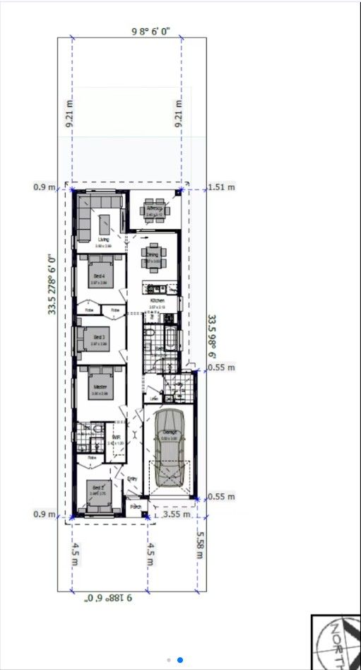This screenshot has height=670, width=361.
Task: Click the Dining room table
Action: pos(153,254)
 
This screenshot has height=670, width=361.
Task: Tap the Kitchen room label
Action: pos(157,301)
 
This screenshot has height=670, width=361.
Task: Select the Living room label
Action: pos(103,240)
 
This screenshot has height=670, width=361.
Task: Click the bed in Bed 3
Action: pos(97,336)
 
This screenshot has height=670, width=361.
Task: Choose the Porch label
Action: pos(136,506)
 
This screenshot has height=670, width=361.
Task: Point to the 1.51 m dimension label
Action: pos(222,187)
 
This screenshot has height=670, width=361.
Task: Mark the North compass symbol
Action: pos(336,642)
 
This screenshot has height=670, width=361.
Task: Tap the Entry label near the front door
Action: pos(131,480)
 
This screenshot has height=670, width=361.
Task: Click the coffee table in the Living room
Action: pos(105,224)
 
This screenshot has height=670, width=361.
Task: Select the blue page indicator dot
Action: pos(180,660)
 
